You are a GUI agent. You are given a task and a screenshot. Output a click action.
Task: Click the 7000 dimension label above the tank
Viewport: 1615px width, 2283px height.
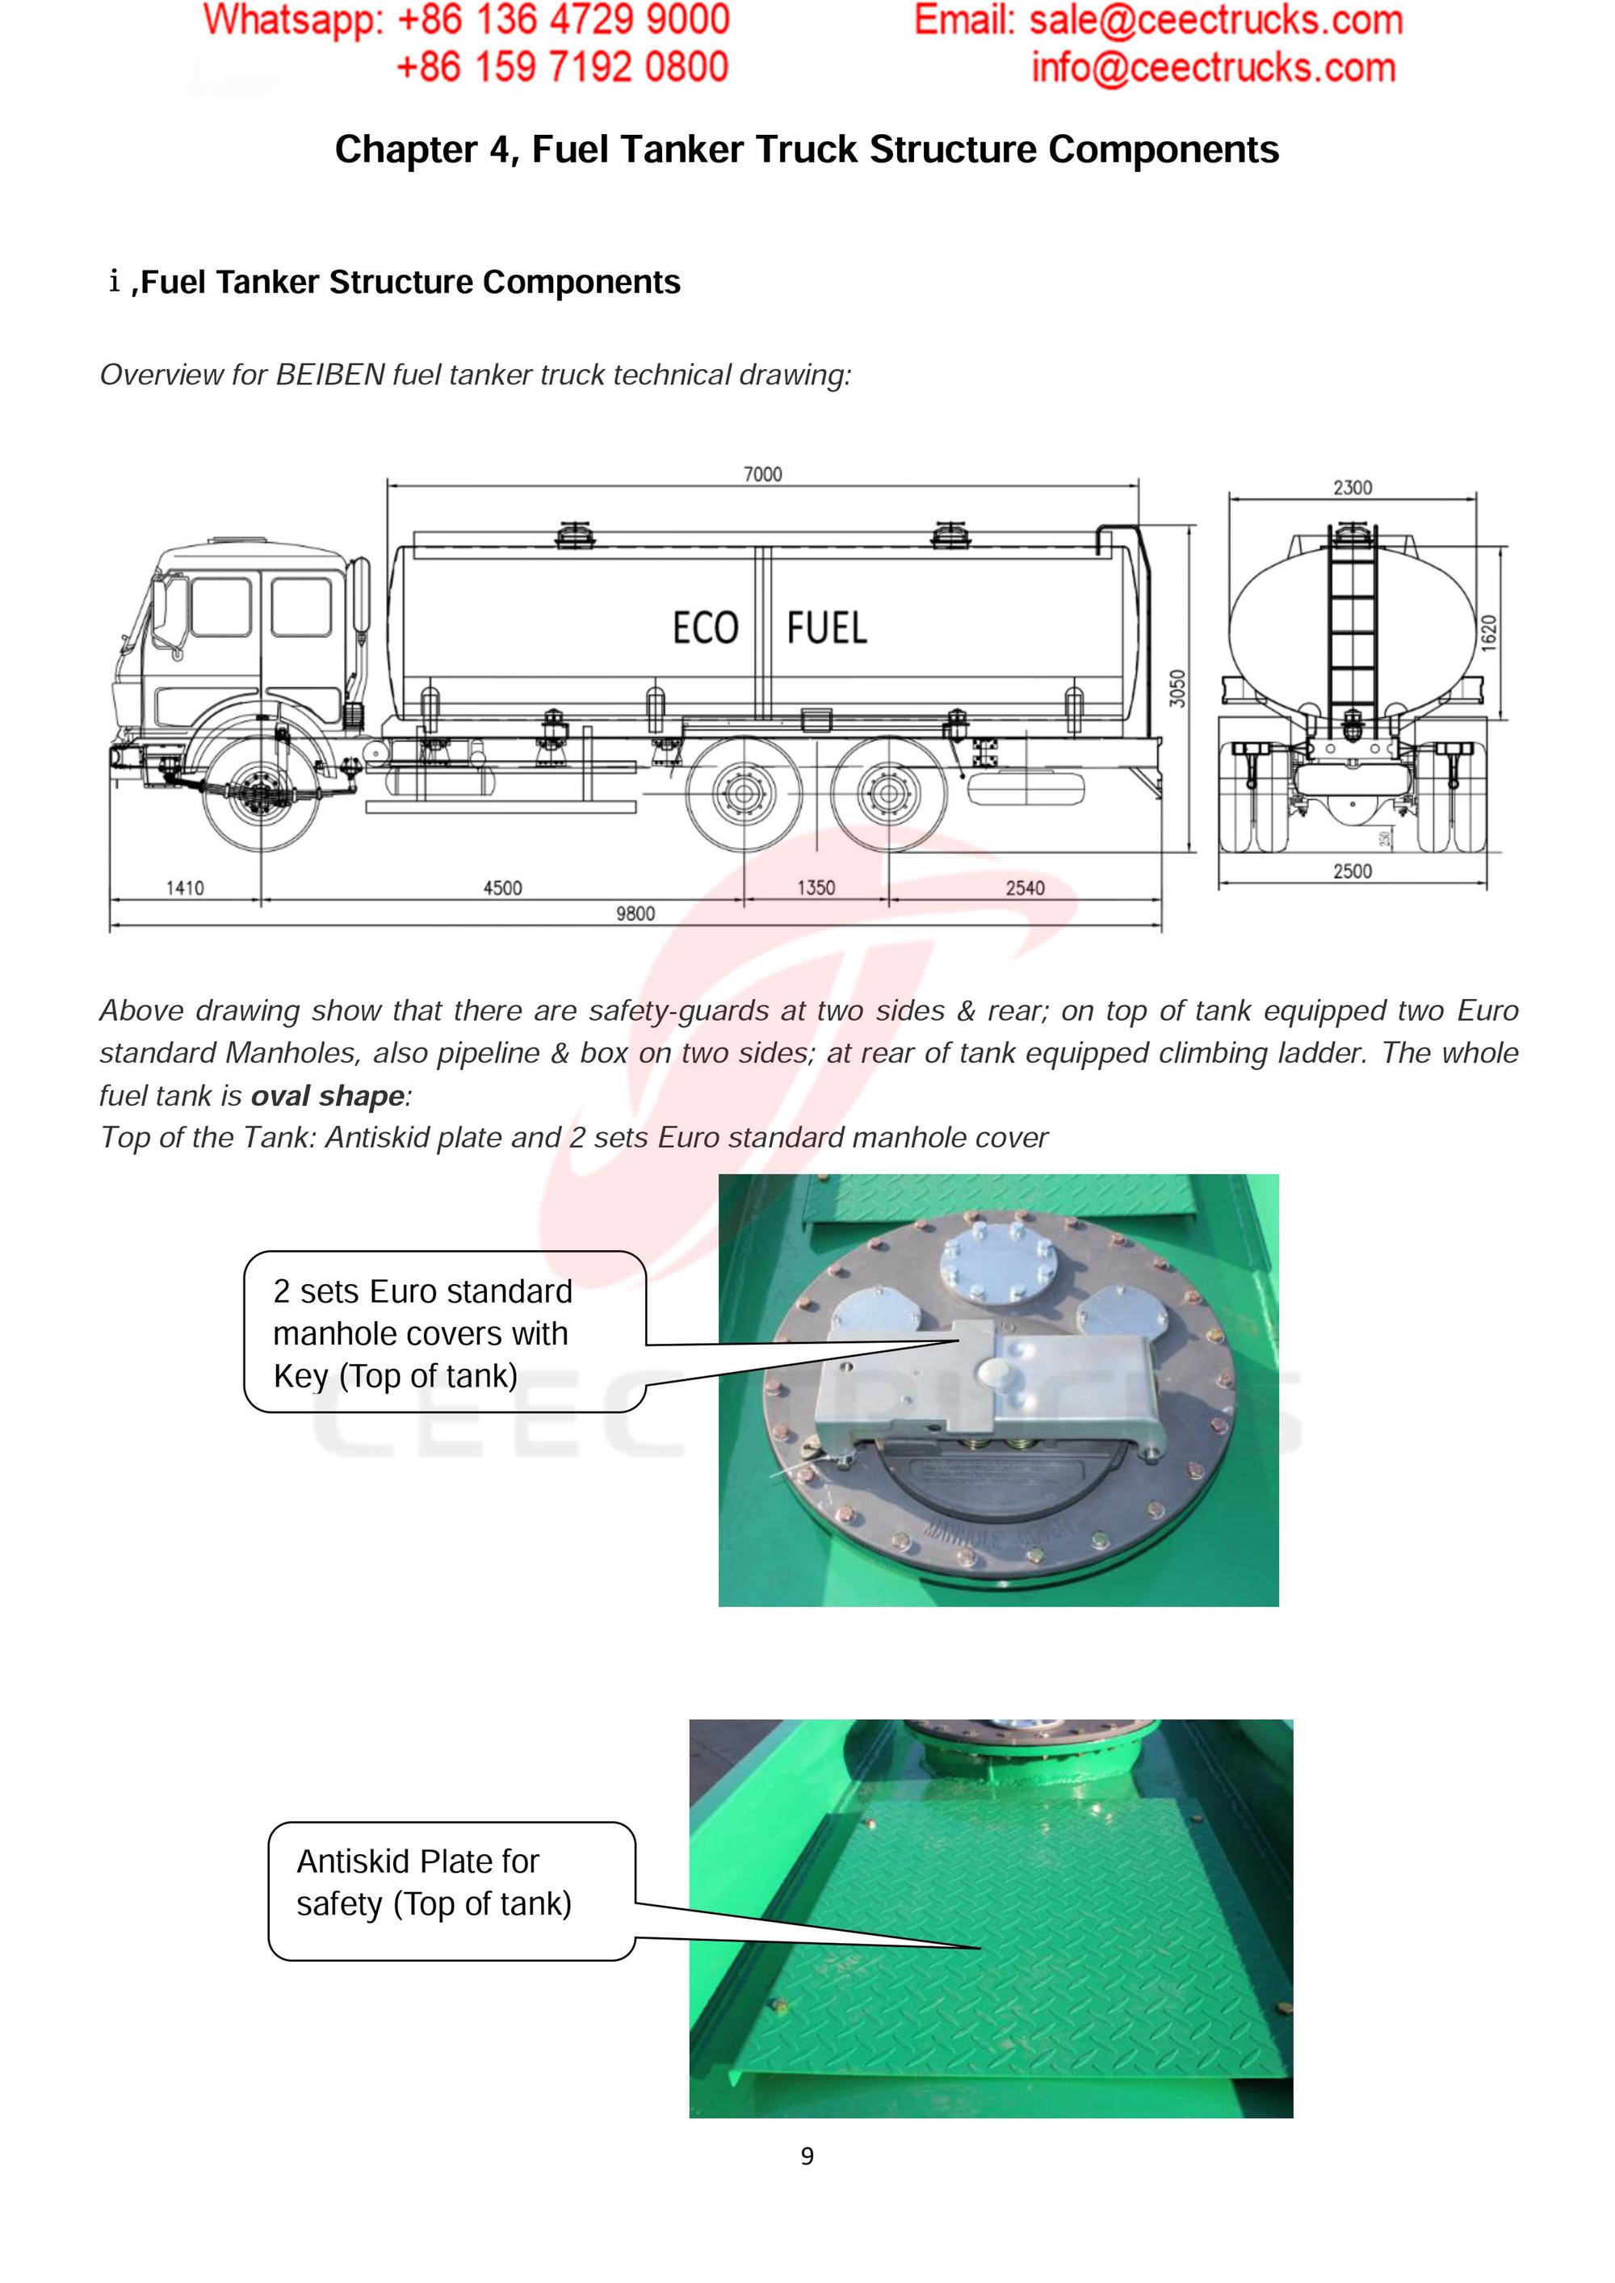click(x=763, y=474)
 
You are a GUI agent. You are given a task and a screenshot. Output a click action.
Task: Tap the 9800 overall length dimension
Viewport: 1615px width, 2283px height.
click(x=636, y=914)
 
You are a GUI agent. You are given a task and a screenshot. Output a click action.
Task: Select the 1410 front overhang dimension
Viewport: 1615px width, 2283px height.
click(x=185, y=888)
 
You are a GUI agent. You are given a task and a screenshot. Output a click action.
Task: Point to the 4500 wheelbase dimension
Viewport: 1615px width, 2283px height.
click(x=502, y=888)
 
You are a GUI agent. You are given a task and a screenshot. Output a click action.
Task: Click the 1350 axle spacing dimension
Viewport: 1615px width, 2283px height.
click(x=816, y=888)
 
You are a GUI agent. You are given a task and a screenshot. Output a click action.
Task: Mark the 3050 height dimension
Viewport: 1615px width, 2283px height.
click(x=1177, y=688)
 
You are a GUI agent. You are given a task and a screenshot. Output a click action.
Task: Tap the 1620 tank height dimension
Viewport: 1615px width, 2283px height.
click(x=1489, y=633)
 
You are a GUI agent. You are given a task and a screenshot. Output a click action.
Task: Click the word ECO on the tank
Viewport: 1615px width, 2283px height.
click(x=705, y=628)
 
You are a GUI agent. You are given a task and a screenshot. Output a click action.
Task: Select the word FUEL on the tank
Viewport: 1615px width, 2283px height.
click(x=826, y=628)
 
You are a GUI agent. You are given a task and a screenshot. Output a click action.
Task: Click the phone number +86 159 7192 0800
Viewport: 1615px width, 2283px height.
click(x=562, y=68)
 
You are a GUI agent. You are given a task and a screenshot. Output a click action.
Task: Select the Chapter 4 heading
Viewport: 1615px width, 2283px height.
click(x=807, y=149)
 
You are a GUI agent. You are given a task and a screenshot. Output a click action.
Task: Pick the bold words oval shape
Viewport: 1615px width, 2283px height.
click(x=327, y=1096)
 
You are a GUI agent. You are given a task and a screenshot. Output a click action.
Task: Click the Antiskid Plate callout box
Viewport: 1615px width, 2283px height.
click(x=451, y=1891)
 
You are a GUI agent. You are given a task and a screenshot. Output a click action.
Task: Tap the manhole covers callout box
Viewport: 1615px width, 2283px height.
click(x=444, y=1332)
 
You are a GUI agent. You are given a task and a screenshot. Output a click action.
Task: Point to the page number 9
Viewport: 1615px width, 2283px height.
click(x=807, y=2155)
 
